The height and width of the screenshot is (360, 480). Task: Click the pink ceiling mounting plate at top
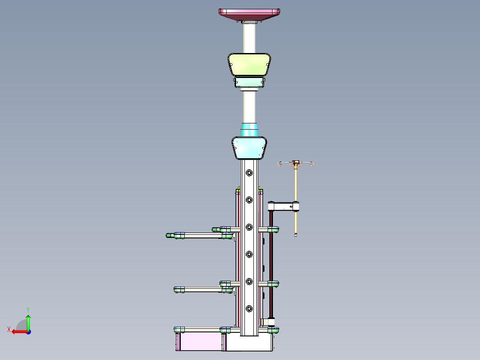coord(249,14)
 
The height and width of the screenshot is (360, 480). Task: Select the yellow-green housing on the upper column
coord(249,64)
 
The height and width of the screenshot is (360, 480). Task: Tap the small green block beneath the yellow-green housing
coord(249,82)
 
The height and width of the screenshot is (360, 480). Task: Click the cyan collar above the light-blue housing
coord(249,130)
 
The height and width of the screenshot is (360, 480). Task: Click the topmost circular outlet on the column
coord(249,172)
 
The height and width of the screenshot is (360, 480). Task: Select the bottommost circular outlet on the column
coord(249,308)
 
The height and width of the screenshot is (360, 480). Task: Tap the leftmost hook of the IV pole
coord(280,165)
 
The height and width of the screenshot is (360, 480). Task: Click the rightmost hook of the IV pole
coord(312,165)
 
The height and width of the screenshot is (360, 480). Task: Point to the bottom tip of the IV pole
coord(296,234)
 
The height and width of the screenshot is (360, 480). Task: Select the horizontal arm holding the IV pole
coord(283,206)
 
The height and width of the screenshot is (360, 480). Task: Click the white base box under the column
coord(249,343)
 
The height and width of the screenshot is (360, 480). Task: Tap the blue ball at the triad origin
coord(28,331)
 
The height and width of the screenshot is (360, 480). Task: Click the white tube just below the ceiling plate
coord(249,38)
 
